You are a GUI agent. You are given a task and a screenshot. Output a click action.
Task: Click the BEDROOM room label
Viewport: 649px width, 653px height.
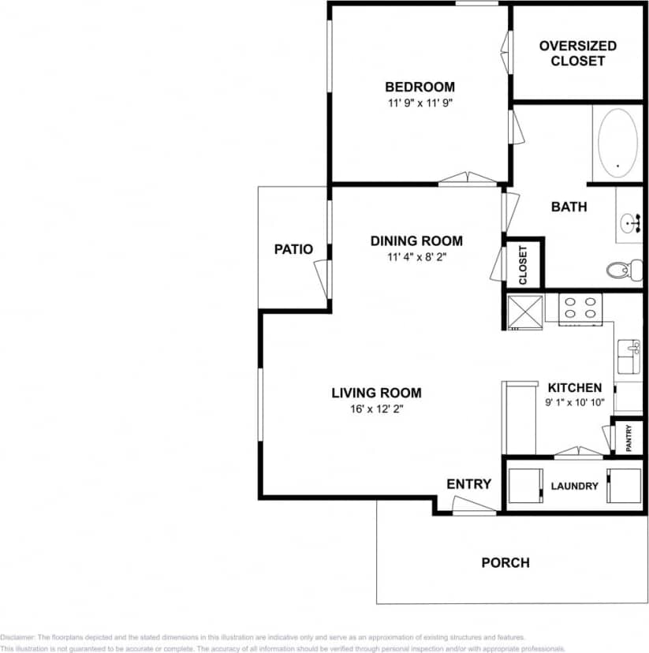[x=419, y=87]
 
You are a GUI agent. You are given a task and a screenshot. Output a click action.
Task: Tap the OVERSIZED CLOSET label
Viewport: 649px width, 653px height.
[x=578, y=53]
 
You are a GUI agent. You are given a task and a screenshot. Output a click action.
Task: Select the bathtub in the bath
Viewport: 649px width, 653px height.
[x=617, y=143]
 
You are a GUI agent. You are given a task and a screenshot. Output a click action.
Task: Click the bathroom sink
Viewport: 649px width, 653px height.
[x=631, y=222]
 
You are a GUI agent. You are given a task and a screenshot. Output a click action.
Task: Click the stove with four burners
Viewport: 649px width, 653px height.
[x=580, y=308]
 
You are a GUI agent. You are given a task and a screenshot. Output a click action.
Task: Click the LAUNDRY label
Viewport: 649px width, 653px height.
[x=574, y=487]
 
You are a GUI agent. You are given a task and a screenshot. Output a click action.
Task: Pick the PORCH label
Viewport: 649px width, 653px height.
[x=505, y=563]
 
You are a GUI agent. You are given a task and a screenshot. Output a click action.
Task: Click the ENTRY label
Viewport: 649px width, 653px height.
[x=468, y=484]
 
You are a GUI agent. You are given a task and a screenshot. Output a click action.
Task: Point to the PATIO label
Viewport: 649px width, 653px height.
[x=293, y=249]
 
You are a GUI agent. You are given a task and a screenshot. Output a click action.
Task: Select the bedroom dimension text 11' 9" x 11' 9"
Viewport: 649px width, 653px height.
[x=419, y=103]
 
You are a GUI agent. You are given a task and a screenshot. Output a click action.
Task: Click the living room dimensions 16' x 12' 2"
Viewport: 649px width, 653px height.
[x=376, y=409]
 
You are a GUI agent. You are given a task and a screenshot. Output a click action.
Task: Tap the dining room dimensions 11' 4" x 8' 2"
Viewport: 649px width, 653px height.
[x=416, y=256]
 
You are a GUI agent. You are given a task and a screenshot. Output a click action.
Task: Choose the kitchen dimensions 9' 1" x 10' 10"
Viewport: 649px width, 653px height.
[x=574, y=402]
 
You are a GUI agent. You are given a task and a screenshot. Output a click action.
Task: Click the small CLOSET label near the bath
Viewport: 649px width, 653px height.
[x=523, y=264]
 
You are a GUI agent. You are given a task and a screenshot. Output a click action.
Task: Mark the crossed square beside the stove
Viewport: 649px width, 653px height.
[x=524, y=312]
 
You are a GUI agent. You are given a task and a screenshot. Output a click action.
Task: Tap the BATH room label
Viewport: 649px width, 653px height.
[x=569, y=207]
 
